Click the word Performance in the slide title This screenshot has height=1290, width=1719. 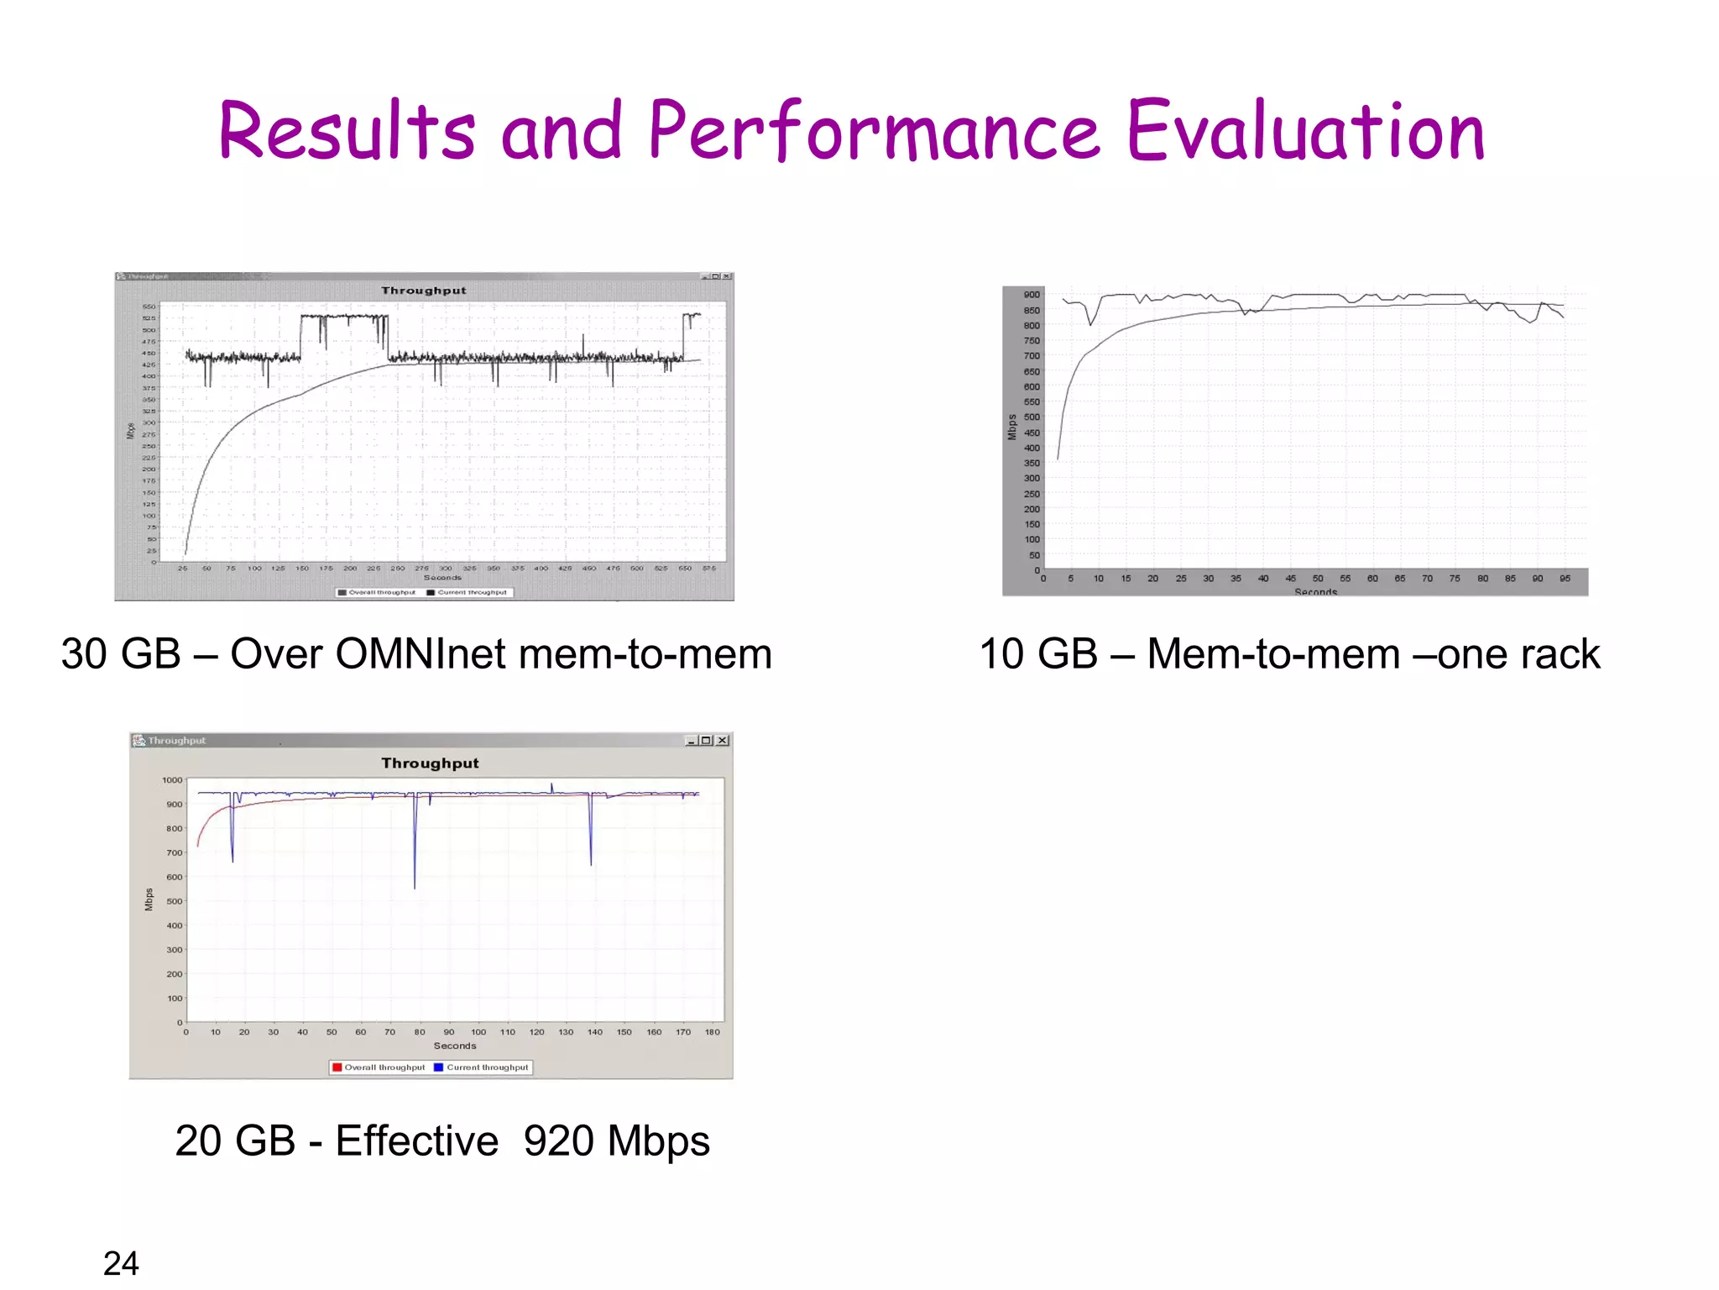point(873,133)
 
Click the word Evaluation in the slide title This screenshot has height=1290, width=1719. point(1305,133)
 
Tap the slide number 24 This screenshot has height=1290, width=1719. point(121,1263)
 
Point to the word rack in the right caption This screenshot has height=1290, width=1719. point(1560,654)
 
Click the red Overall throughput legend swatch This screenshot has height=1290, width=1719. point(337,1067)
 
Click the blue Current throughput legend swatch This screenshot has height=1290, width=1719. point(438,1067)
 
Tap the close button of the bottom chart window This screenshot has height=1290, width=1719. point(723,740)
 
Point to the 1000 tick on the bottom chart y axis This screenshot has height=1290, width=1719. point(172,780)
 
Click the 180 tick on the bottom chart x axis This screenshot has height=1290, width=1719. point(712,1032)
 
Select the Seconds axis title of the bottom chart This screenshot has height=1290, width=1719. point(455,1046)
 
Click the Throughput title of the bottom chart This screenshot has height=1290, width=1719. point(430,763)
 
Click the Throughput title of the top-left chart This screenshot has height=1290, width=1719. point(424,291)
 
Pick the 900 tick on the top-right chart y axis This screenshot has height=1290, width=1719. point(1032,295)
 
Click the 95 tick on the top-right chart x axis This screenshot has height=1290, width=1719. point(1565,579)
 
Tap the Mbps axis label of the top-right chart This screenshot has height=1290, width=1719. point(1012,427)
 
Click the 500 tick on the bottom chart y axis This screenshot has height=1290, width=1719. point(174,901)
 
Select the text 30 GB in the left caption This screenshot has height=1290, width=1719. point(121,654)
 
